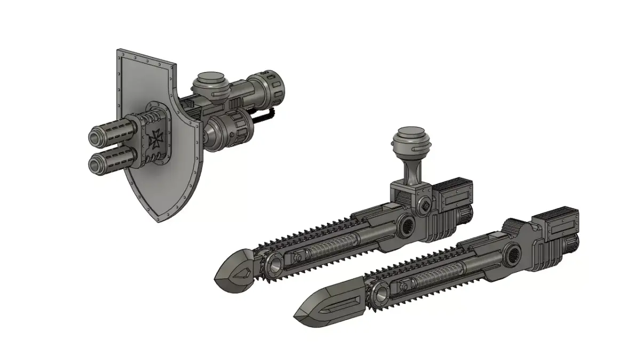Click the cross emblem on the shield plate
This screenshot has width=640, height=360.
pyautogui.click(x=156, y=138)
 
